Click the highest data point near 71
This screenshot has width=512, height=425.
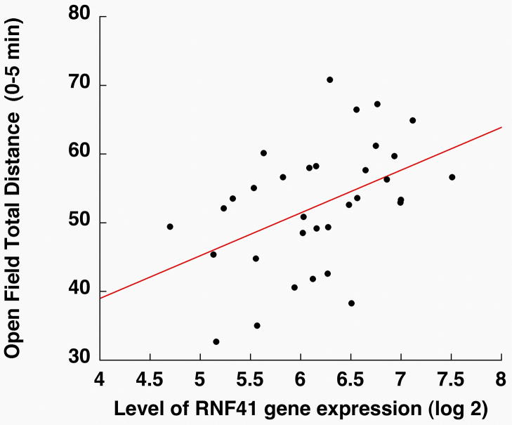coord(329,79)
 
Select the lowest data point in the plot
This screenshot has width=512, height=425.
coord(216,341)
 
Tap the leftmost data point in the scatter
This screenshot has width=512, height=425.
coord(170,226)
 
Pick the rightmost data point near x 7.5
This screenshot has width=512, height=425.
coord(452,177)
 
